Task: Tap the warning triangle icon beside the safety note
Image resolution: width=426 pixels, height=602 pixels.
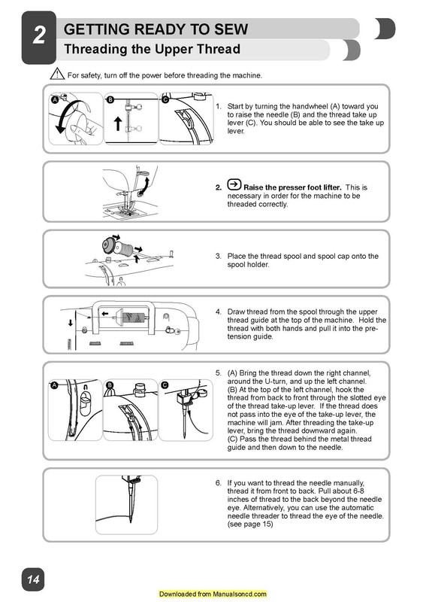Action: [x=57, y=75]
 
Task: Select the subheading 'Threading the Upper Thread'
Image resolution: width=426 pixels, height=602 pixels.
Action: [x=153, y=50]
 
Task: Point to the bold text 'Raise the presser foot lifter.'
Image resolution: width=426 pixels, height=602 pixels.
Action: [x=293, y=187]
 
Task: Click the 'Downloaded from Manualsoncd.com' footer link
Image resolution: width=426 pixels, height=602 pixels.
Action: [x=213, y=594]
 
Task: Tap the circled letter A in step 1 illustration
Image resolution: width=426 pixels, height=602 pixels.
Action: [x=55, y=99]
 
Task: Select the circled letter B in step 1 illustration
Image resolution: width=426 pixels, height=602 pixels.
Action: [x=110, y=99]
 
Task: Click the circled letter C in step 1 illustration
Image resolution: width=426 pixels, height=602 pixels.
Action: [x=165, y=99]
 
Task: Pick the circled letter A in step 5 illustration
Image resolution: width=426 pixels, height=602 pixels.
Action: [x=55, y=385]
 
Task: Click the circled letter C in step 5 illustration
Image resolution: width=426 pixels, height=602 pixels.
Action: [x=165, y=385]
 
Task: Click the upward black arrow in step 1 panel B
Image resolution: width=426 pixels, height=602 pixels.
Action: [x=117, y=123]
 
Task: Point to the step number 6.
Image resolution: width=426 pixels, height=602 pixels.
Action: [x=219, y=482]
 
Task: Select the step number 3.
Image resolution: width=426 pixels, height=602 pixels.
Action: [x=219, y=257]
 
